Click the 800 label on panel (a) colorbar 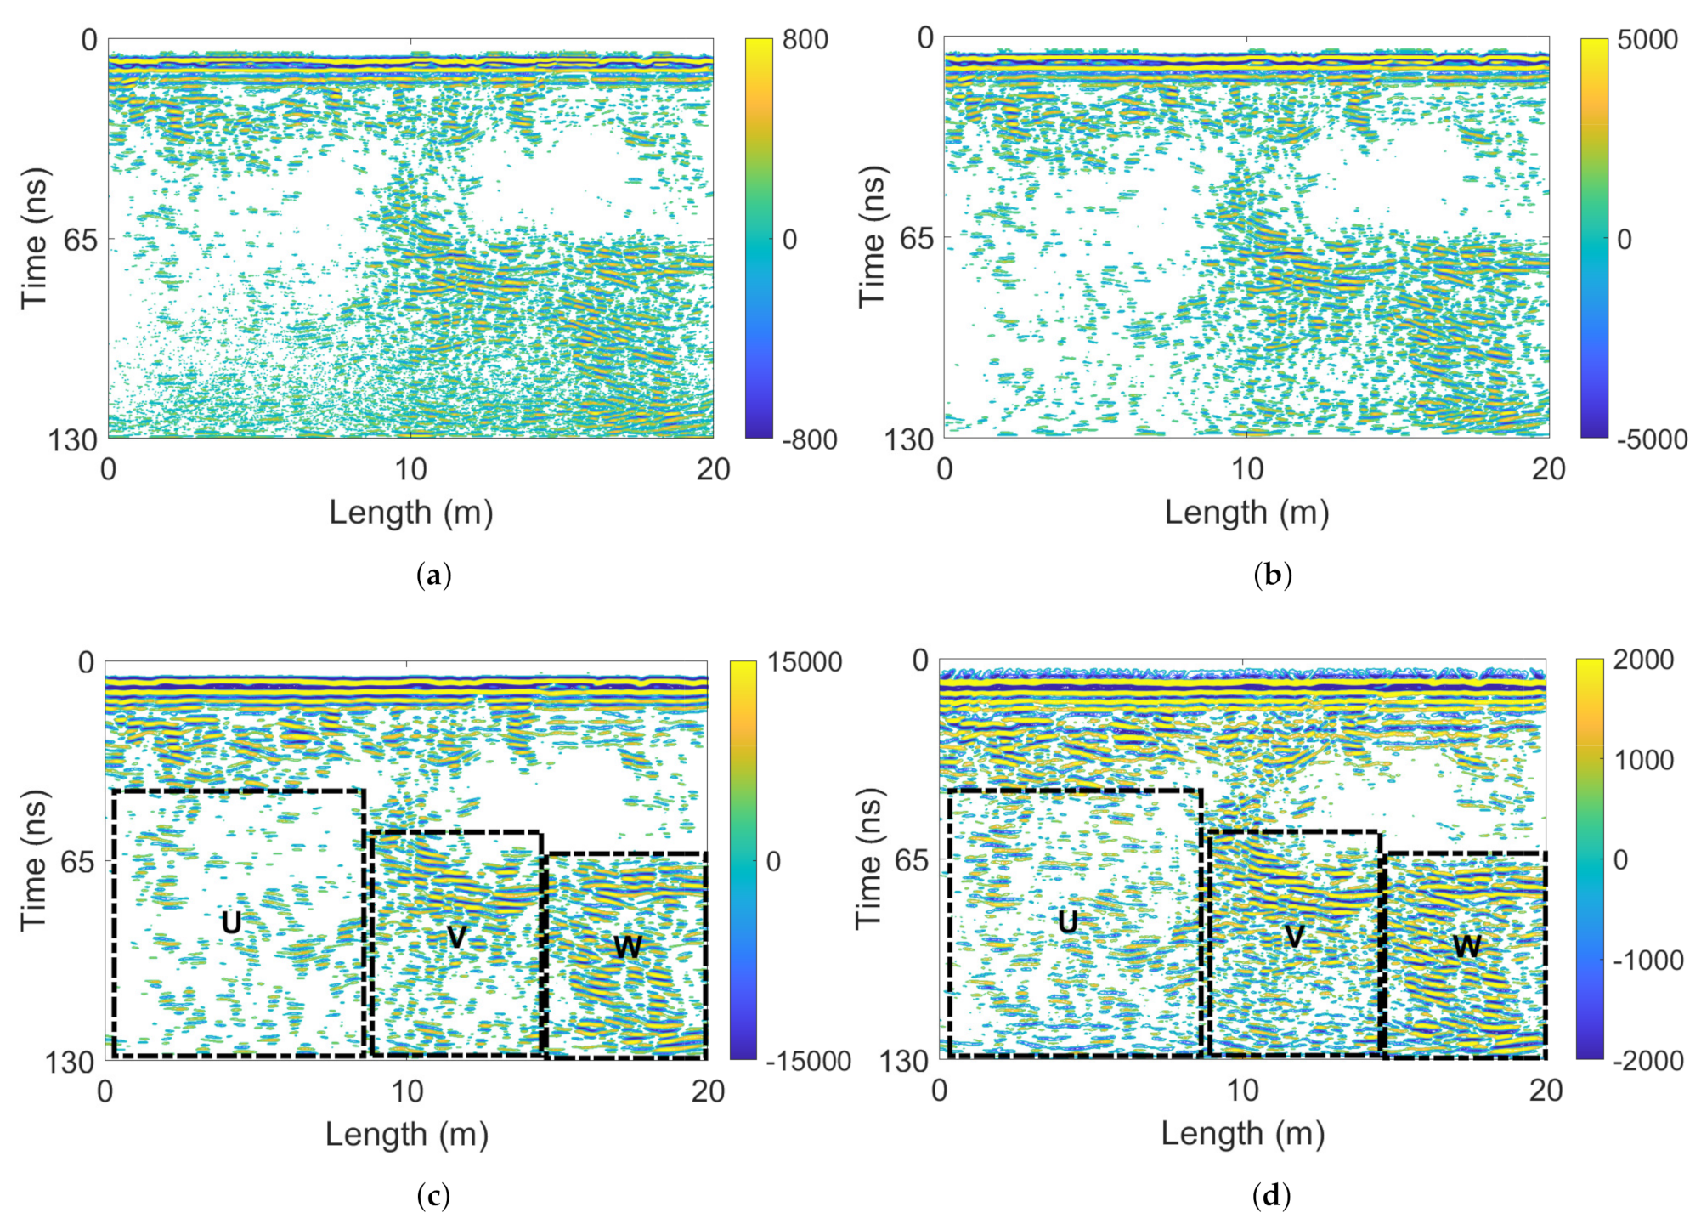805,40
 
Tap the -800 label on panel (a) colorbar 808,439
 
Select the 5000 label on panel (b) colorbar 1647,40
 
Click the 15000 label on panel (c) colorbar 805,662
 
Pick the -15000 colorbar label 808,1061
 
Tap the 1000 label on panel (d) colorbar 1644,760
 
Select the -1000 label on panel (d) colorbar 1647,960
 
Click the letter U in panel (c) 231,923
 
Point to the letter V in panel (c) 456,937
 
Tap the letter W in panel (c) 627,947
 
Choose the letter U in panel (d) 1068,922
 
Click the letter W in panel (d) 1466,946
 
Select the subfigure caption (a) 434,575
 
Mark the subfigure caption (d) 1271,1196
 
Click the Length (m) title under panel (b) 1246,513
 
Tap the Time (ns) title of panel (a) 36,239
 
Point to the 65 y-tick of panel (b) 916,239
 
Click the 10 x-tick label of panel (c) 407,1091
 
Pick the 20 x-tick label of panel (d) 1546,1091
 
